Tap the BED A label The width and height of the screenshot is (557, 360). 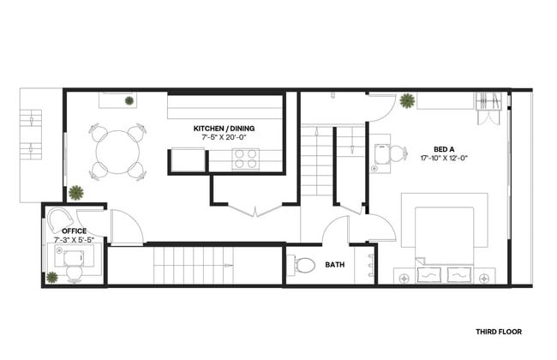pos(443,148)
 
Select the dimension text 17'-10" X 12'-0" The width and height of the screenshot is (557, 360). pos(443,158)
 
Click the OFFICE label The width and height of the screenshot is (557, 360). pos(75,231)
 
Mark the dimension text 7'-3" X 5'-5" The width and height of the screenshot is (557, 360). pos(75,241)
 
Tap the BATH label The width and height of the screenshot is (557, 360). pos(335,265)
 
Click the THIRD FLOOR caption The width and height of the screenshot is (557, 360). pos(498,331)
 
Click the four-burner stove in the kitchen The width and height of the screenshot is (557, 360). pos(246,159)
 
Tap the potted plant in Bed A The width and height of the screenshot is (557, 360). pos(407,101)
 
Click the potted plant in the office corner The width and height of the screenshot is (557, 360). pos(53,277)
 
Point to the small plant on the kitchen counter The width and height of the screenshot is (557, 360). pos(129,101)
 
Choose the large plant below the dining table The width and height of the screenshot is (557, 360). pos(76,192)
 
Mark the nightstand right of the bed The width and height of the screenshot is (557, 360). pos(486,276)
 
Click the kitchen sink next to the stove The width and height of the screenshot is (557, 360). pos(188,160)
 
